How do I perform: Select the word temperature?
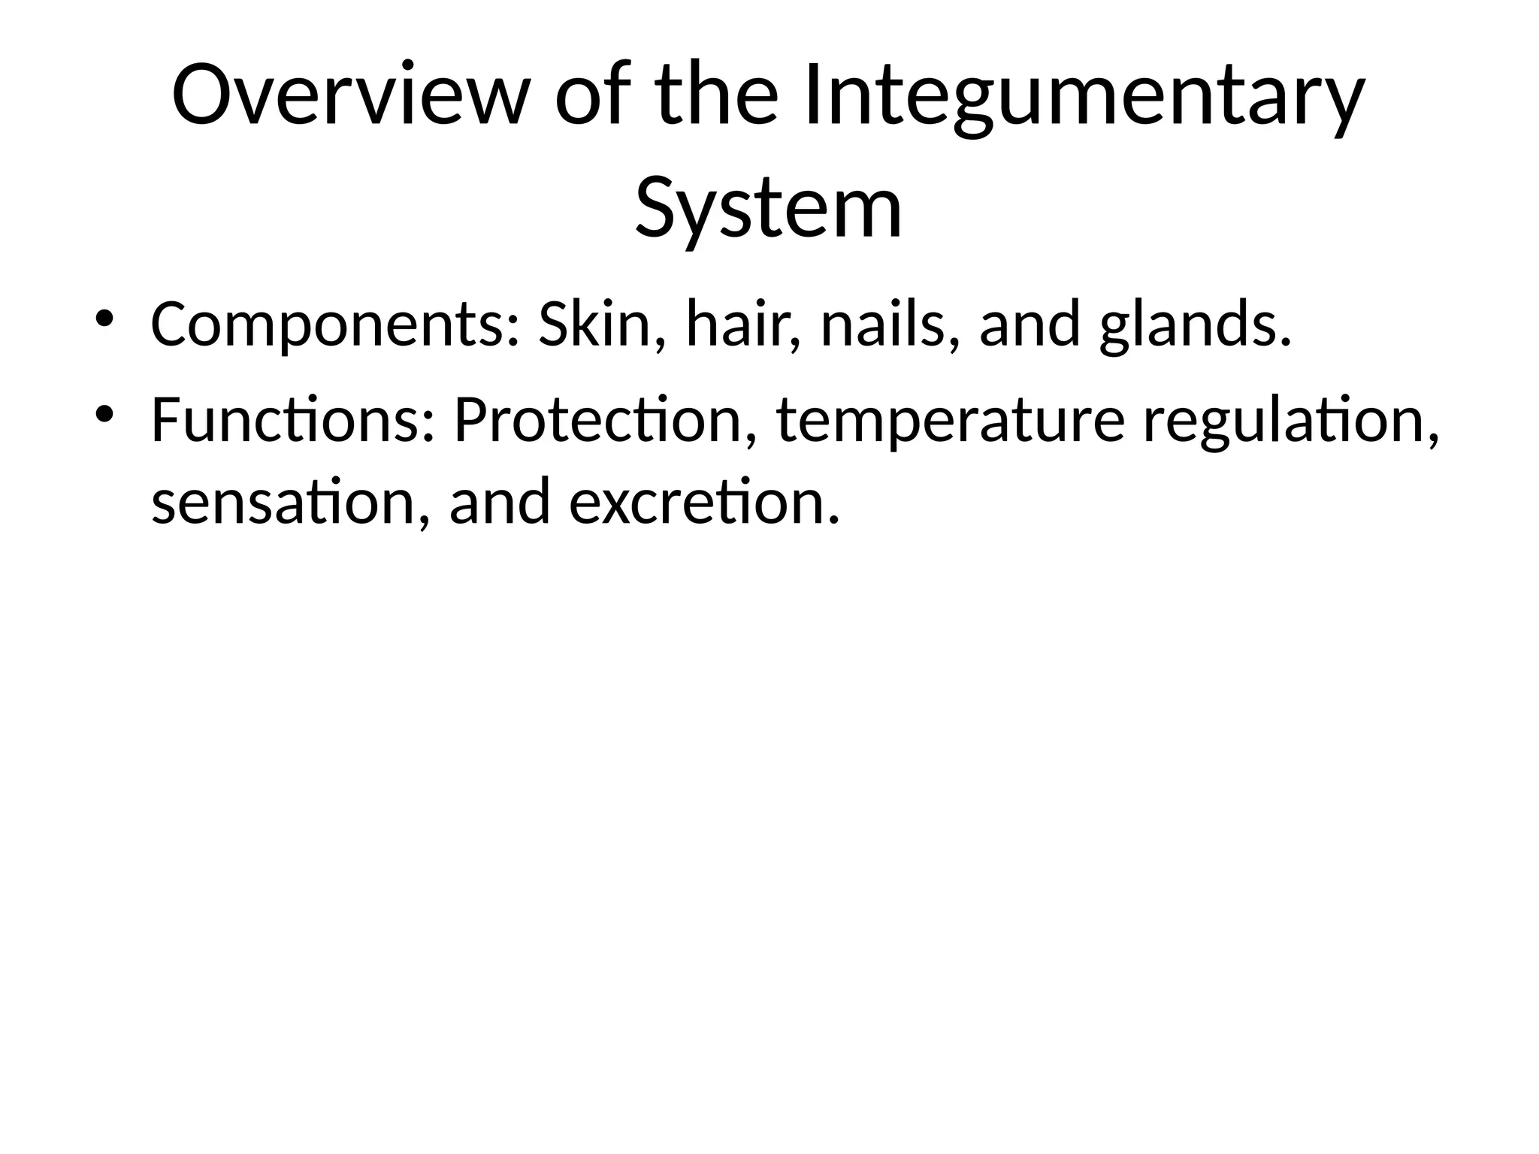951,420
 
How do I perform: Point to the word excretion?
703,501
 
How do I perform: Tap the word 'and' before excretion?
500,501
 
